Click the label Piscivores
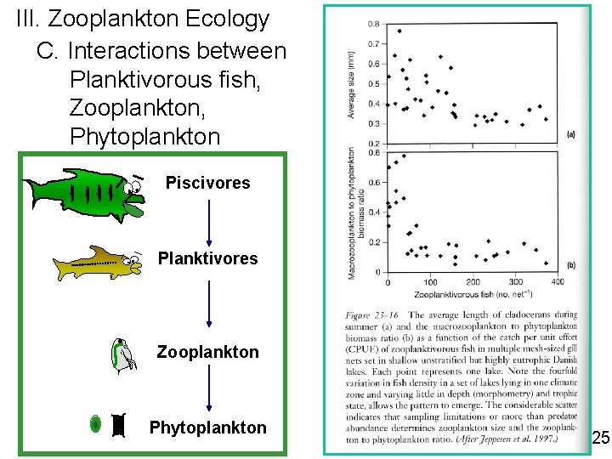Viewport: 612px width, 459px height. (207, 183)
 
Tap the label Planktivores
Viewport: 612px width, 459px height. (207, 258)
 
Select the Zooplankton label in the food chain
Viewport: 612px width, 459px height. (207, 351)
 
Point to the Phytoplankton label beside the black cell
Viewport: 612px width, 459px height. (207, 428)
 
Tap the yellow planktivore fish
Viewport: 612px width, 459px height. (96, 263)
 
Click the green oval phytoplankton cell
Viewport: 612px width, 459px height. (98, 424)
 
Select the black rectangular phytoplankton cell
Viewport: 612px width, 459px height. (119, 426)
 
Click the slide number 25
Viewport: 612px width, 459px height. (600, 439)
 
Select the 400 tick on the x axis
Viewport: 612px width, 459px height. (558, 282)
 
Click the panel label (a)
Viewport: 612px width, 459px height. (570, 133)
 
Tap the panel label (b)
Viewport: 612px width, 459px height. (570, 265)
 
